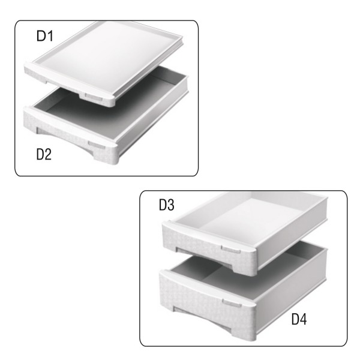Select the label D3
166,205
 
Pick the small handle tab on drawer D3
229,248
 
